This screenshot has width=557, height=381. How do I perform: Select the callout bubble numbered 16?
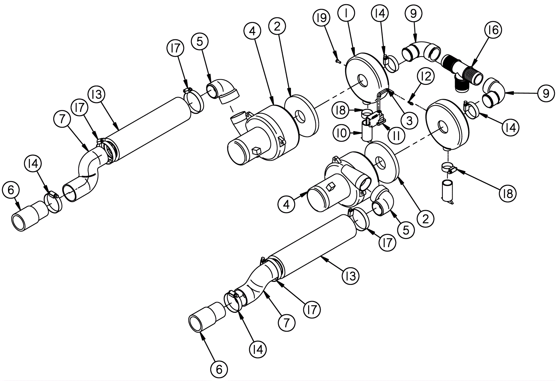493,31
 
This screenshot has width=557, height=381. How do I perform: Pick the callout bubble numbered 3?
409,120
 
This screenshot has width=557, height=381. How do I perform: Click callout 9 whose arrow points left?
546,93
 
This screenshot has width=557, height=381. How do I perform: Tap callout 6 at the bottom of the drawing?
219,369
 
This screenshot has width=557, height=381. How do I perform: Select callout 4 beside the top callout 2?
252,31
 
